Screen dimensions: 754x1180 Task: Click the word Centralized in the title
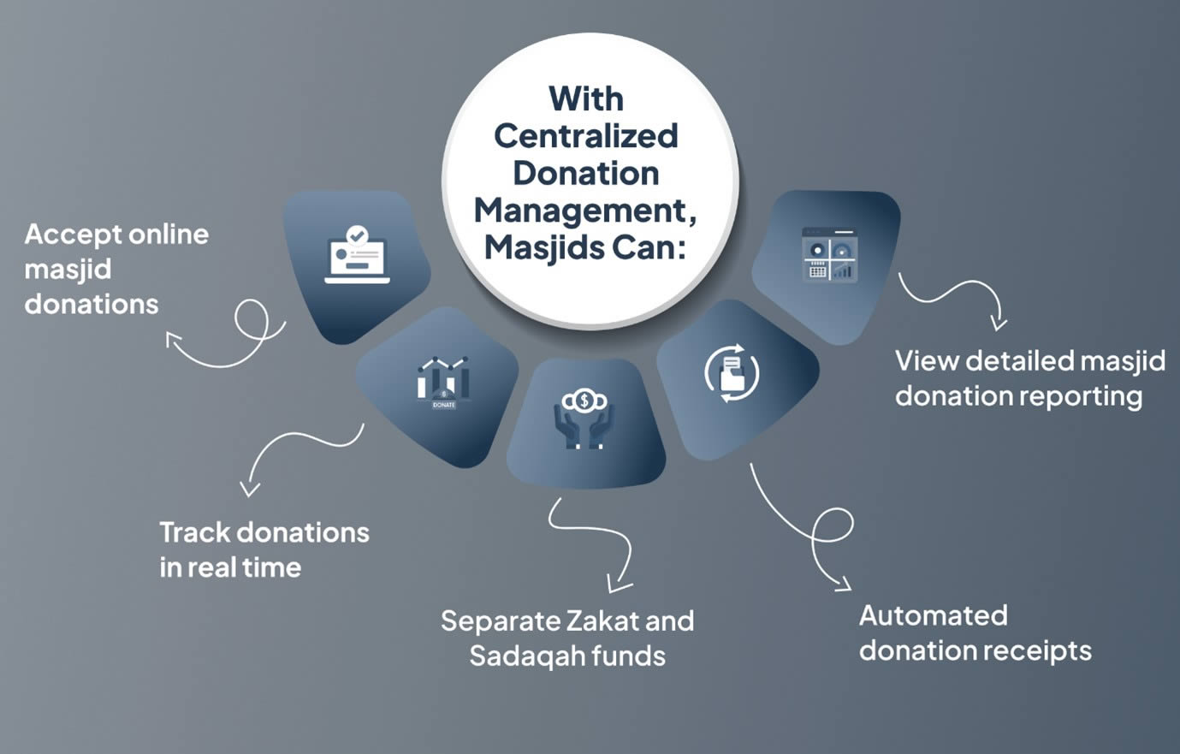(x=586, y=136)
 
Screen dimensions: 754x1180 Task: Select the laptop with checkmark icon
(x=357, y=256)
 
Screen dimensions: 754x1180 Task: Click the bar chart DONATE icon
(x=443, y=382)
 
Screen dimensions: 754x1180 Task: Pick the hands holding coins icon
(x=584, y=419)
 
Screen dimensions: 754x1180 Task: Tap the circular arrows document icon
(x=732, y=373)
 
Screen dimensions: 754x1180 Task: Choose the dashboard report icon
(x=829, y=254)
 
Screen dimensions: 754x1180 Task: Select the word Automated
(x=933, y=615)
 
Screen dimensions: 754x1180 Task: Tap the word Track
(x=195, y=532)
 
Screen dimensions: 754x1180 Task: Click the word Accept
(x=74, y=234)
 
